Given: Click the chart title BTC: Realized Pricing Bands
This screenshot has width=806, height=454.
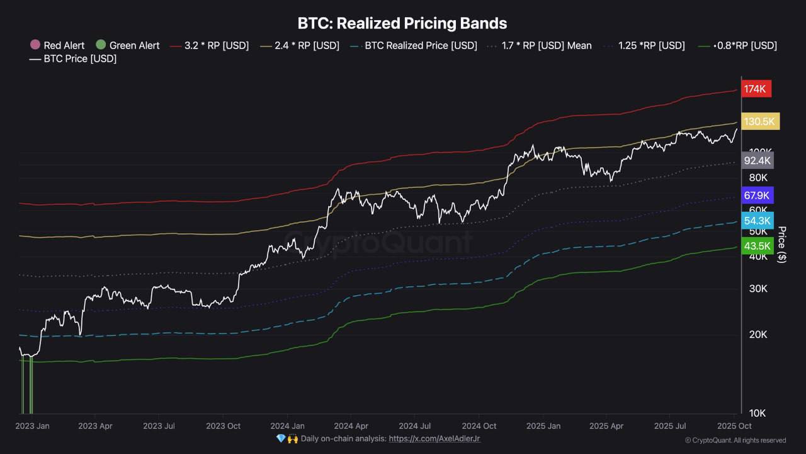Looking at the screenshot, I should (402, 23).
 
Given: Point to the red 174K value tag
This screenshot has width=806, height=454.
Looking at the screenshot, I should (754, 89).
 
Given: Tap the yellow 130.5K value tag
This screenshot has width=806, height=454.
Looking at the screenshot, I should (761, 121).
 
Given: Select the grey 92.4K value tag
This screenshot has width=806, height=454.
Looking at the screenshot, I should (758, 160).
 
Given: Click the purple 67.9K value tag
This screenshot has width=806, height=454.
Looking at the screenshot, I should (758, 195).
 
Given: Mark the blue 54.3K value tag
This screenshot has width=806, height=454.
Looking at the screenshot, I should (758, 221).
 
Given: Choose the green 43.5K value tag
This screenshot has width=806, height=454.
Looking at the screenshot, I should (758, 247).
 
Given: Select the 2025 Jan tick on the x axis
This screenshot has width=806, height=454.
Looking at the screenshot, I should (543, 426).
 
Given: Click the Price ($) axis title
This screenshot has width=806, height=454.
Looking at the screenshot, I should (782, 245).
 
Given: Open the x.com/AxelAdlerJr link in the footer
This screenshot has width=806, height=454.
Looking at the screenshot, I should (434, 438).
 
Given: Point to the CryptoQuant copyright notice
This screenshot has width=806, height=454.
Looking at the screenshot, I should (735, 440).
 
